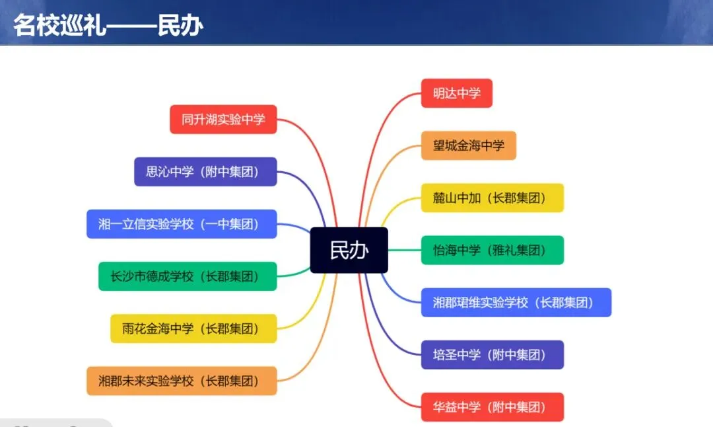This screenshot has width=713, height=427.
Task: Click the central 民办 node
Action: tap(349, 250)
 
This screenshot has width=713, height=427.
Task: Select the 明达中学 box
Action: tap(456, 93)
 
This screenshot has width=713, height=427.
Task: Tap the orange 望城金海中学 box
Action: tap(468, 145)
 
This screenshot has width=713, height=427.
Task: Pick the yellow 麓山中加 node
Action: tap(492, 198)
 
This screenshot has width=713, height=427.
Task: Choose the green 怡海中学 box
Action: tap(492, 250)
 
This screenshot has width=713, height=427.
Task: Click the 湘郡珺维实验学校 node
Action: tap(516, 302)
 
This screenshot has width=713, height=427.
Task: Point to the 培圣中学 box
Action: tap(492, 354)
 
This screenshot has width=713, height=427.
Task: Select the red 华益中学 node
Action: tap(492, 407)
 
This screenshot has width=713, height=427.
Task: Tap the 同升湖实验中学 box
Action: tap(223, 120)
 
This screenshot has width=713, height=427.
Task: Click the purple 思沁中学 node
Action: tap(205, 172)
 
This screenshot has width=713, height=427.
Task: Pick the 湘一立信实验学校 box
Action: tap(182, 224)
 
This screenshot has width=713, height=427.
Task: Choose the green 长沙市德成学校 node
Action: tap(187, 276)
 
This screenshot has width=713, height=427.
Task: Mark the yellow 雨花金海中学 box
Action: tap(193, 329)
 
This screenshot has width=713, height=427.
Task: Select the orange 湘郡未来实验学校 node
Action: tap(182, 381)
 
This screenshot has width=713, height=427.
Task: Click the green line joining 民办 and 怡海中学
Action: tap(404, 250)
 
